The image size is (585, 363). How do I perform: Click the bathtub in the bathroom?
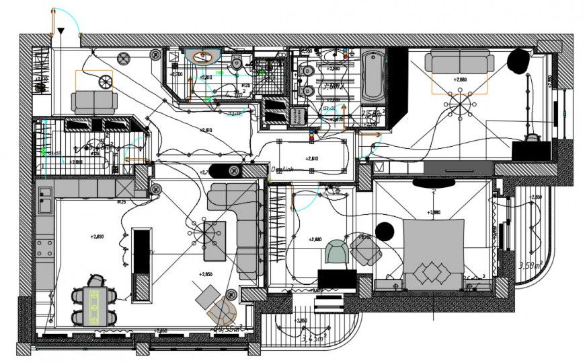[x=373, y=75]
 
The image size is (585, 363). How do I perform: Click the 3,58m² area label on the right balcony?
[x=531, y=265]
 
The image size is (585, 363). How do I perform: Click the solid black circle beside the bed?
[x=385, y=232]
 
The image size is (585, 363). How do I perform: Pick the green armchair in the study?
[x=336, y=253]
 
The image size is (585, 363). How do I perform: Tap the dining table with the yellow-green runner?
[x=94, y=306]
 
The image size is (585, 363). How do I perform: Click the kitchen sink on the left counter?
[x=45, y=197]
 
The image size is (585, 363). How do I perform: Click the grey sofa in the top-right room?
[x=460, y=64]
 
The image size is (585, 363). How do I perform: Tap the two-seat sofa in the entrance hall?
[x=94, y=102]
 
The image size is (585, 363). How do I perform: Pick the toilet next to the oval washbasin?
[x=235, y=62]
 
